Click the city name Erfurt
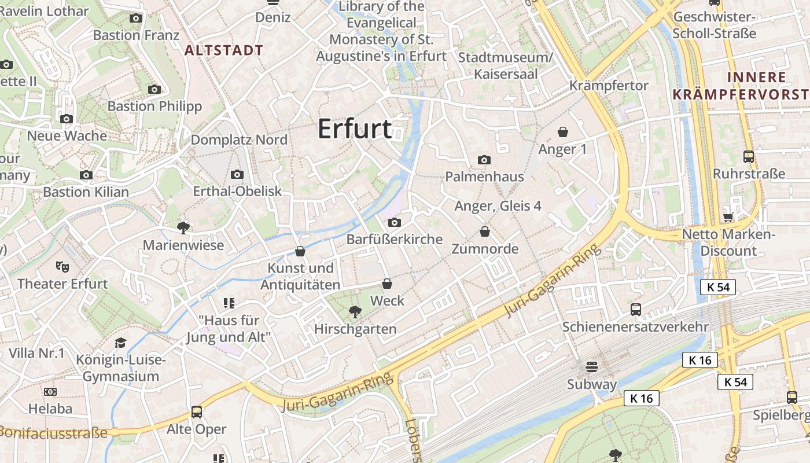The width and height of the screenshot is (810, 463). coord(355,128)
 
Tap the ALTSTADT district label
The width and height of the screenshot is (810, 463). coord(223,50)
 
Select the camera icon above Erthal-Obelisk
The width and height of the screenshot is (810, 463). coord(237,174)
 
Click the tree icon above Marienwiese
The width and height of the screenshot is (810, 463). coord(183,228)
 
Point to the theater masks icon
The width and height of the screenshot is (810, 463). coord(62,266)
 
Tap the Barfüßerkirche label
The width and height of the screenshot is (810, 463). coord(394,239)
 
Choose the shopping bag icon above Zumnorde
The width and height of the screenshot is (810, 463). coord(485,232)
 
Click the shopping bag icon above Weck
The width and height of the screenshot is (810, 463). coord(387,284)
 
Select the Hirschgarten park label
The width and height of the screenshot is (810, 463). coord(355,329)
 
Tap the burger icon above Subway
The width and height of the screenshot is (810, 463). coord(591,367)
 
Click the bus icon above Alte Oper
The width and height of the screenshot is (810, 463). coord(197,412)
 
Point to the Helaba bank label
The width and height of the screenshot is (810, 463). coord(50,409)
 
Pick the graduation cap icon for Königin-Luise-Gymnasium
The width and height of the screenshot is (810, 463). coord(120,343)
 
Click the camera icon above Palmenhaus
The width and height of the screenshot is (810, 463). coord(484,160)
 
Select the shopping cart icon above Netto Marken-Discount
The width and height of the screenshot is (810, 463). coord(728,218)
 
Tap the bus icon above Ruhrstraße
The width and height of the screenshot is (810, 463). coord(749,156)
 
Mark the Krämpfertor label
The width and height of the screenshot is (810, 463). coord(609,86)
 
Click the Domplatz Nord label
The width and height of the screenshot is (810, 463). coord(239,139)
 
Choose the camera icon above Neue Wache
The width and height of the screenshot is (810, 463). coord(67,119)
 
